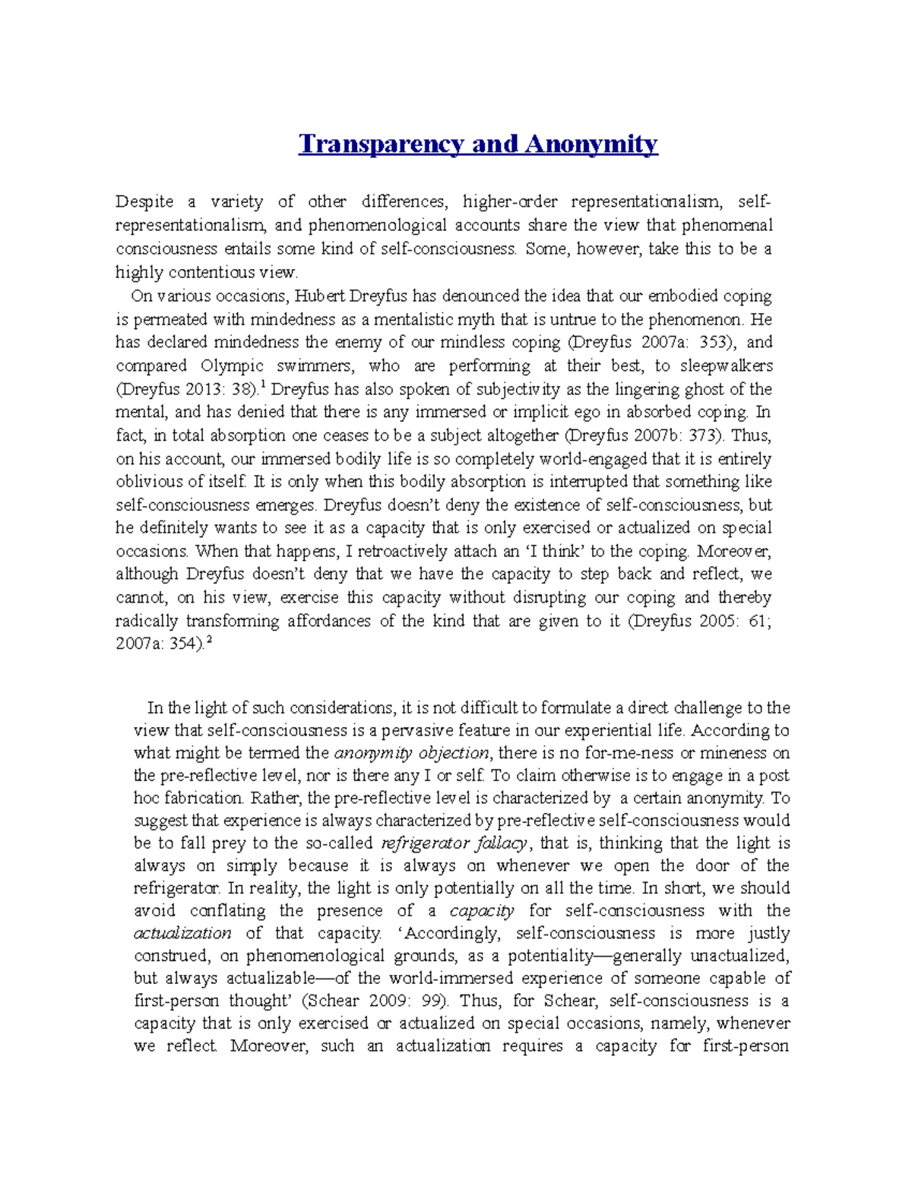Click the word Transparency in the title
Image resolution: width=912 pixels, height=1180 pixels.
coord(382,144)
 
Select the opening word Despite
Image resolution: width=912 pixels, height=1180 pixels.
coord(144,202)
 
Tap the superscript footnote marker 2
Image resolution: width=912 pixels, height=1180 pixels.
coord(209,641)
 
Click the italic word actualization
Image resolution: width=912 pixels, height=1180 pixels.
coord(182,933)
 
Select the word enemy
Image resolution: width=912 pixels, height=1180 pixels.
coord(359,343)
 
